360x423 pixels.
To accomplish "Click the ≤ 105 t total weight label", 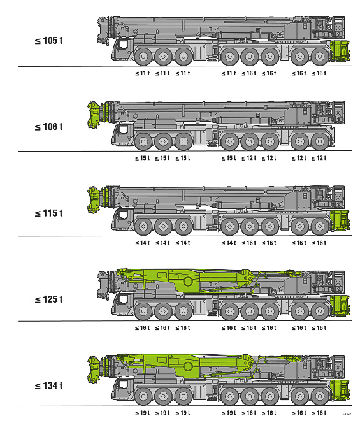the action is [x=49, y=41].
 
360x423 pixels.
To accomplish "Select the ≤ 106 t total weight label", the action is [x=49, y=127].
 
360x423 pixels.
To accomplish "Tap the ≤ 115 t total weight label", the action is [x=49, y=213].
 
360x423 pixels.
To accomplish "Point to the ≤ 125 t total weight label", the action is [x=49, y=299].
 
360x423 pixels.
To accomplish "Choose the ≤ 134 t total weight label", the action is [x=49, y=385].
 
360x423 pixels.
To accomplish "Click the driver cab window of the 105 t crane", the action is [x=123, y=45].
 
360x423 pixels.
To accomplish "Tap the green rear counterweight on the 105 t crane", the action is [x=340, y=51].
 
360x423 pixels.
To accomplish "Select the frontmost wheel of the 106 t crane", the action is [x=143, y=141].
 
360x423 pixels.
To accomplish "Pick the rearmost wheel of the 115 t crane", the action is [x=320, y=226].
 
